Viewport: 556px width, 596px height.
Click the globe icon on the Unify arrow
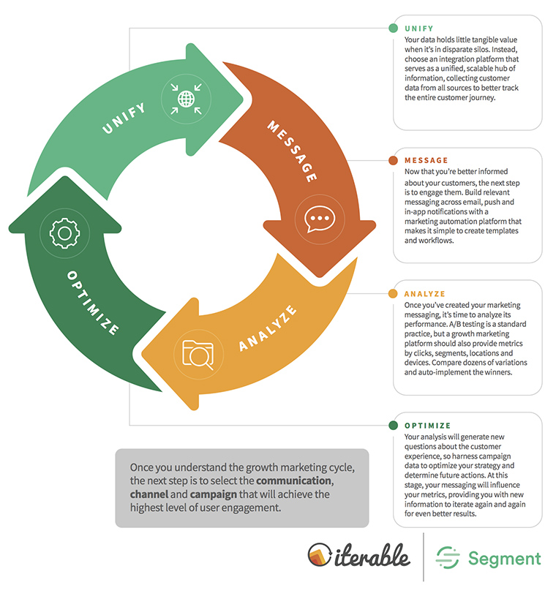pos(186,99)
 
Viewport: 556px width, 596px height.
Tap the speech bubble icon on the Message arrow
pos(320,219)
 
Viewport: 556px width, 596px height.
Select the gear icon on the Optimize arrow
pos(64,233)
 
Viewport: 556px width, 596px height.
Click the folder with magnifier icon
pos(198,355)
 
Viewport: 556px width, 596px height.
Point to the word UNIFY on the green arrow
pos(124,118)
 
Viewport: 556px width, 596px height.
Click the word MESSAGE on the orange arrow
pos(292,151)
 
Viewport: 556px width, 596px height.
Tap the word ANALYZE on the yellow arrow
pos(268,328)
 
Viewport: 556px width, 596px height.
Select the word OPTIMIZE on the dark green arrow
pos(93,303)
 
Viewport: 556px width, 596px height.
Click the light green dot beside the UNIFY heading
pos(394,28)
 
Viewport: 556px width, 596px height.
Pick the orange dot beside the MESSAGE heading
pos(394,160)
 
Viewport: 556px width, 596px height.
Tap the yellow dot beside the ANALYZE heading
pos(394,293)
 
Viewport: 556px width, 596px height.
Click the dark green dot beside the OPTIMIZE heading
pos(394,426)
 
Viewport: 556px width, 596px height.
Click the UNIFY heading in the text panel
pos(419,29)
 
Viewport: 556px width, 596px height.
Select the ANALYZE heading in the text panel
pos(425,294)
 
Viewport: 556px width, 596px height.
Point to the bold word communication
pos(294,481)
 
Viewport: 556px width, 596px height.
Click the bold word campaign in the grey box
pos(214,494)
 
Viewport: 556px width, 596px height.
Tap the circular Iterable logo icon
pos(320,554)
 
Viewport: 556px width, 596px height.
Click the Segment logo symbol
pos(448,558)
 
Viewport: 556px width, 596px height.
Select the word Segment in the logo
pos(504,559)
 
